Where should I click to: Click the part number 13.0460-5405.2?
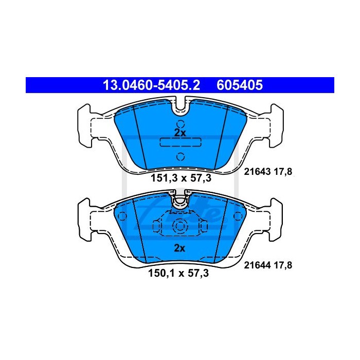[x=151, y=85]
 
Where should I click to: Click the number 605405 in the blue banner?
[x=240, y=85]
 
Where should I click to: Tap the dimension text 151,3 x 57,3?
[x=181, y=178]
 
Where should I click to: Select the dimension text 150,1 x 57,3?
[x=178, y=273]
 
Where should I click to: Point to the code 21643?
[x=257, y=171]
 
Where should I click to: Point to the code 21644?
[x=257, y=265]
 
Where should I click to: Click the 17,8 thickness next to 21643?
[x=283, y=171]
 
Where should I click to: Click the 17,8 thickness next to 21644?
[x=283, y=265]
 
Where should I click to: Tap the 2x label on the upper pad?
[x=180, y=133]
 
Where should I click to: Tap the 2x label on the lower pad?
[x=179, y=248]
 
